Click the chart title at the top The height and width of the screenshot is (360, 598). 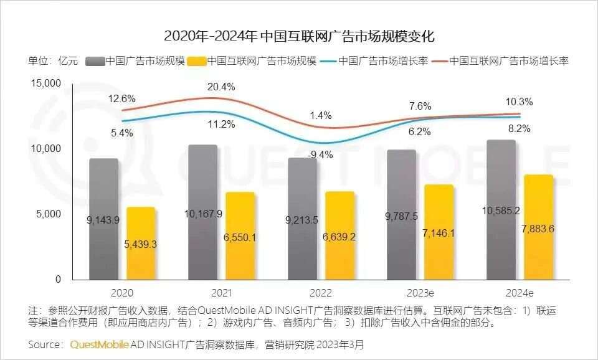click(x=299, y=36)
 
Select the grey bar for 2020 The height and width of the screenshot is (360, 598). click(x=103, y=187)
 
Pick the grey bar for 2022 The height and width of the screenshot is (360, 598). click(x=303, y=187)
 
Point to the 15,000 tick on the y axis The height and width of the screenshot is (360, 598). click(x=45, y=83)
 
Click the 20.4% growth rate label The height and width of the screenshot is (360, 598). click(x=222, y=87)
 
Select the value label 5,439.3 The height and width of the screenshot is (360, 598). click(x=141, y=244)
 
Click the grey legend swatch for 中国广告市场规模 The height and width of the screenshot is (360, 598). click(x=95, y=61)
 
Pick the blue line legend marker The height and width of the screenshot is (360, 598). click(x=330, y=61)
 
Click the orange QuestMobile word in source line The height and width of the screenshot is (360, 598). click(x=100, y=344)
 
